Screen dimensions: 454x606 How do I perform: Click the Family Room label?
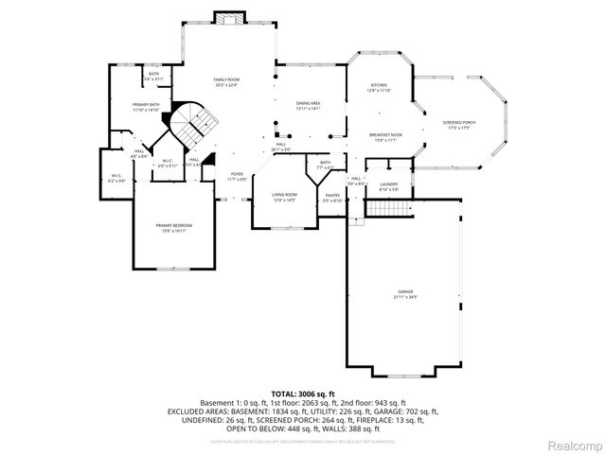(225, 79)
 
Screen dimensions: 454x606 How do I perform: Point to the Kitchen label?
(379, 85)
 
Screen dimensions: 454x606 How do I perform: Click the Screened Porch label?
(458, 123)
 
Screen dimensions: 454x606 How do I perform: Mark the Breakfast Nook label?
(385, 135)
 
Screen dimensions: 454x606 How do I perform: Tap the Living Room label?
(284, 195)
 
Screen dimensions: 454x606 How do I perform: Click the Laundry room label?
(388, 184)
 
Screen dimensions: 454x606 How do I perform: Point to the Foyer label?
(238, 174)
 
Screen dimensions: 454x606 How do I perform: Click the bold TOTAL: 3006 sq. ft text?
(302, 393)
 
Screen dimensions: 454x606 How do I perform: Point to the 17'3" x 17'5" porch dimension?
(458, 129)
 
